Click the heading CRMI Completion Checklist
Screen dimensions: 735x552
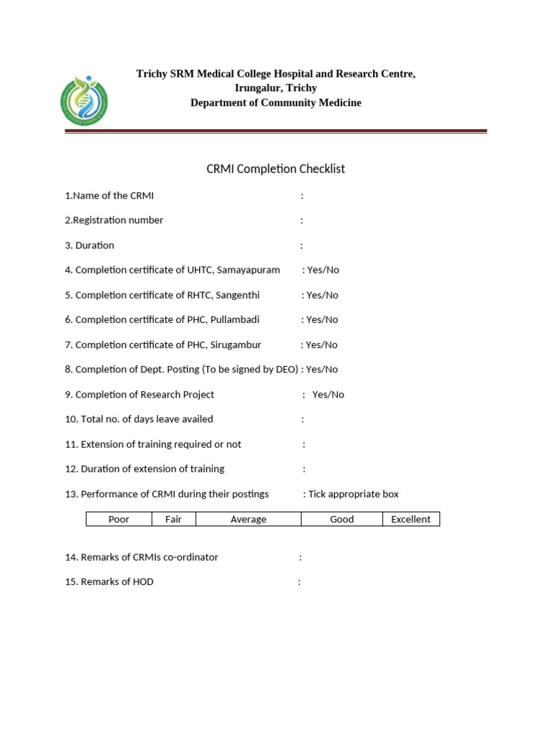pos(275,169)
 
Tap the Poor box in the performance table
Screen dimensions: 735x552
pos(119,519)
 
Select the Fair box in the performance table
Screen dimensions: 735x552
pos(173,519)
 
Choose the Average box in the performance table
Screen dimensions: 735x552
pos(248,519)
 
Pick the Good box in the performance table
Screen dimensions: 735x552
pos(341,519)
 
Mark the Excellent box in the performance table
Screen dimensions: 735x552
pos(410,519)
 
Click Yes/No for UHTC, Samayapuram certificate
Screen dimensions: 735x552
pos(322,270)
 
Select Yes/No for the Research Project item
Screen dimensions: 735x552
pos(328,394)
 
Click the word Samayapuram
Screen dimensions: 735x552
pos(245,270)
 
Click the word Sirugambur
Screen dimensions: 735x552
pos(235,345)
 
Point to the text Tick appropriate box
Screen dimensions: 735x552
pos(353,494)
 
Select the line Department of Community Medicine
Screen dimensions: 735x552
pos(275,103)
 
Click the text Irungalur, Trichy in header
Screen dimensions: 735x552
pos(275,88)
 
